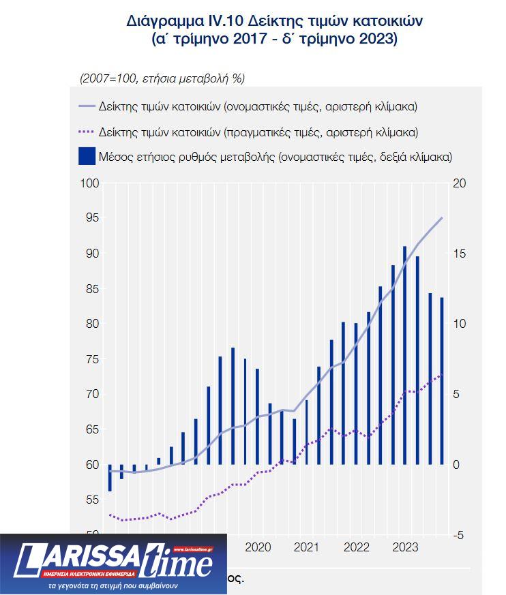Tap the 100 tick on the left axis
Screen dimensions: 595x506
(x=90, y=183)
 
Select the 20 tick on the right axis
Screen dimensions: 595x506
(x=460, y=183)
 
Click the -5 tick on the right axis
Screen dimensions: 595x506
(x=460, y=535)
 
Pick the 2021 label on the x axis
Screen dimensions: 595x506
(x=307, y=547)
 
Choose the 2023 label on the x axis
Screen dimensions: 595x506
(x=406, y=547)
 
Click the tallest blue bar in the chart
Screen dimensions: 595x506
(x=405, y=354)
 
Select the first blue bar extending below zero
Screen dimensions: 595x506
(x=110, y=477)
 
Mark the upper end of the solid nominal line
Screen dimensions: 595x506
(x=442, y=218)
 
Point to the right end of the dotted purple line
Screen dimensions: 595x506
(x=442, y=374)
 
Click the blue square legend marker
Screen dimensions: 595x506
(x=87, y=156)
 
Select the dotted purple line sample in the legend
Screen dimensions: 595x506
(x=87, y=132)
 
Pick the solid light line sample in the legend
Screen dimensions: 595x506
(x=87, y=107)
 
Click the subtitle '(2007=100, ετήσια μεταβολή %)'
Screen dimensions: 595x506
(x=162, y=78)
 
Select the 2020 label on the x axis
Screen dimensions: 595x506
(x=258, y=547)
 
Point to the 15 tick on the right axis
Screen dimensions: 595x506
(x=460, y=254)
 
